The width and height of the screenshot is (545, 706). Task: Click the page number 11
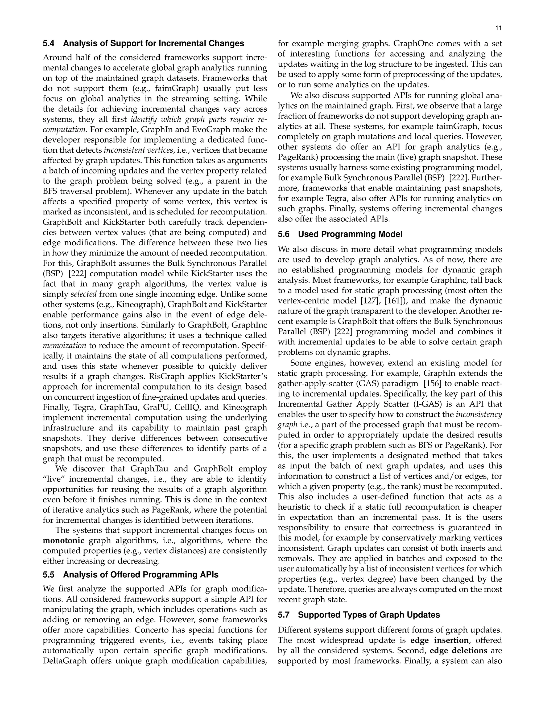pyautogui.click(x=498, y=28)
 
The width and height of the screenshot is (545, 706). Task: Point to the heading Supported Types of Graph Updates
pyautogui.click(x=369, y=615)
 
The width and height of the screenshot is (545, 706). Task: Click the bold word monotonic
pyautogui.click(x=63, y=541)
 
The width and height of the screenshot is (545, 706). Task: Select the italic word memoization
pyautogui.click(x=64, y=345)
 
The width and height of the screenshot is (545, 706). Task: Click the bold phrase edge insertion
pyautogui.click(x=439, y=640)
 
